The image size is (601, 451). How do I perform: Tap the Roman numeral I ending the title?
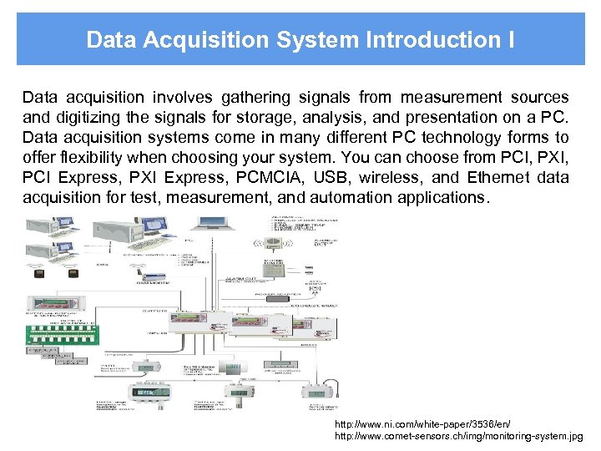(510, 39)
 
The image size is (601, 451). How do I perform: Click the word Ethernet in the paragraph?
(494, 177)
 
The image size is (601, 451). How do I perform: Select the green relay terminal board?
(60, 328)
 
